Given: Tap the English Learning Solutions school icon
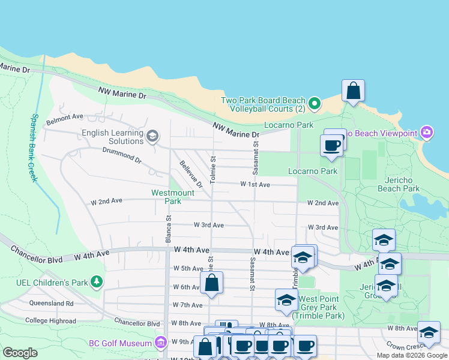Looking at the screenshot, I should click(x=152, y=136).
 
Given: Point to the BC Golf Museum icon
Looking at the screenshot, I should click(x=160, y=343).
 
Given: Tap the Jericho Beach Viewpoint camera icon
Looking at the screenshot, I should click(x=427, y=132).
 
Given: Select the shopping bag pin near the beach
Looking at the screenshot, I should click(x=354, y=92).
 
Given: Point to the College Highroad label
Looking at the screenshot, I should click(x=50, y=321).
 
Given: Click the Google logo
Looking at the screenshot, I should click(x=20, y=353).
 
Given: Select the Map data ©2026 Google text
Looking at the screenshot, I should click(x=412, y=355).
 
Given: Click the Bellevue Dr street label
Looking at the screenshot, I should click(x=191, y=174).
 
